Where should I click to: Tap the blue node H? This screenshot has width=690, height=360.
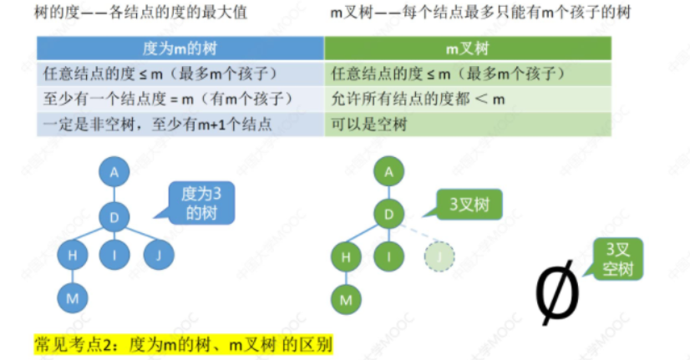[73, 255]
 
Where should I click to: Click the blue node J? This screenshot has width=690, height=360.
[157, 255]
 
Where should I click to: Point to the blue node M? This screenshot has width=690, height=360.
[73, 297]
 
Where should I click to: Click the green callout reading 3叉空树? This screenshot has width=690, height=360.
[620, 259]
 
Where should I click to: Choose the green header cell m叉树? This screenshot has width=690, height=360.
[468, 48]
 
